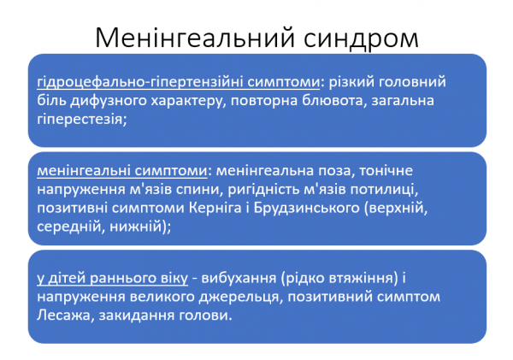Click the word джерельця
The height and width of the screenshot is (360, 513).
214,296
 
